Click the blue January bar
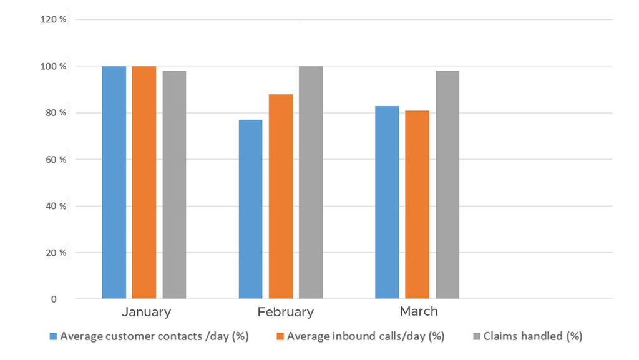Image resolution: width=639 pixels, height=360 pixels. pyautogui.click(x=114, y=182)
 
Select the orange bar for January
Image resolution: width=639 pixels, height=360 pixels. pyautogui.click(x=144, y=182)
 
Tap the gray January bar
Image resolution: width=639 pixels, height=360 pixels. pyautogui.click(x=174, y=185)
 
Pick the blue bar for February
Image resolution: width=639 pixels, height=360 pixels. pyautogui.click(x=250, y=209)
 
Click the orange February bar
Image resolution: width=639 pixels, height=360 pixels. pyautogui.click(x=281, y=197)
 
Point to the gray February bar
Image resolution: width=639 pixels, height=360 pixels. pyautogui.click(x=311, y=182)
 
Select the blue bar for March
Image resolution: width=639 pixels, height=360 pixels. pyautogui.click(x=387, y=202)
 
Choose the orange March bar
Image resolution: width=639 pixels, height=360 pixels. pyautogui.click(x=417, y=205)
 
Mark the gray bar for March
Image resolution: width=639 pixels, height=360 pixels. pyautogui.click(x=447, y=185)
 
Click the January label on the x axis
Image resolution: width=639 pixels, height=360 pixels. pyautogui.click(x=146, y=311)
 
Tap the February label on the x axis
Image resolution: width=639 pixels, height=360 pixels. pyautogui.click(x=285, y=312)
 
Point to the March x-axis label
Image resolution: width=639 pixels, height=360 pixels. pyautogui.click(x=419, y=311)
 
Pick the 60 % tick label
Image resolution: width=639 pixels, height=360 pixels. pyautogui.click(x=55, y=160)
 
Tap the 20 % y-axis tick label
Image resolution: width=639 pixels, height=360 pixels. pyautogui.click(x=55, y=253)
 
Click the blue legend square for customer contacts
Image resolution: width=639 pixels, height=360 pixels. pyautogui.click(x=54, y=336)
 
